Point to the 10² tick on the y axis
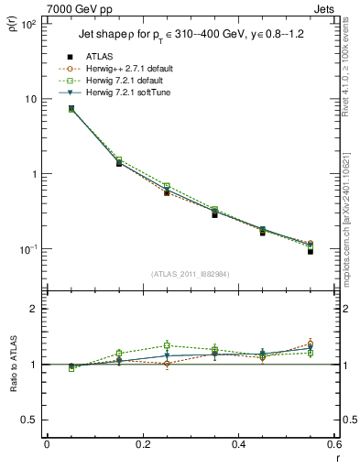[27, 24]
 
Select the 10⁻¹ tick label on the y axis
[27, 249]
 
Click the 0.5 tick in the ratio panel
[30, 420]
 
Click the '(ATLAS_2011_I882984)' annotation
[190, 274]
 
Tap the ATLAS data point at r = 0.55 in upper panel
[311, 251]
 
